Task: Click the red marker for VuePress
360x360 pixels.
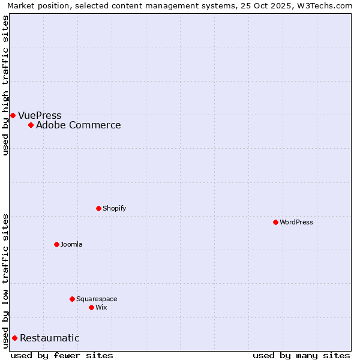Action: (13, 115)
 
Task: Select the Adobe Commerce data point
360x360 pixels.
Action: (31, 125)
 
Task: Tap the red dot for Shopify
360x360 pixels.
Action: (98, 208)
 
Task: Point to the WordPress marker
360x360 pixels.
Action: (275, 222)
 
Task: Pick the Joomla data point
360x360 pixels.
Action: (56, 244)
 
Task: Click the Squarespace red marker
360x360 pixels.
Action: (72, 299)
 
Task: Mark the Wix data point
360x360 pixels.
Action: (91, 307)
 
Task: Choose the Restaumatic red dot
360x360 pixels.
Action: (14, 338)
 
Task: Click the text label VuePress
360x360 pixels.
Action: (40, 115)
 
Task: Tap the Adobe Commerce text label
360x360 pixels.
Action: (78, 125)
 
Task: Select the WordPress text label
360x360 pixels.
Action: (296, 222)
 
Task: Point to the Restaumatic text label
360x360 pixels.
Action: (49, 338)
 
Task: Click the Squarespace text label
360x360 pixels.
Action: (97, 299)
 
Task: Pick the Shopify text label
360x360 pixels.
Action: (114, 208)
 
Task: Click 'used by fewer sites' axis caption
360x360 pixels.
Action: (62, 355)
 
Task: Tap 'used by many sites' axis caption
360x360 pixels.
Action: (301, 355)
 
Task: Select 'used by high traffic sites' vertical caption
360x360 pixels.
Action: (5, 85)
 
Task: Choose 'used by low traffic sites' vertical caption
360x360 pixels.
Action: (5, 280)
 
